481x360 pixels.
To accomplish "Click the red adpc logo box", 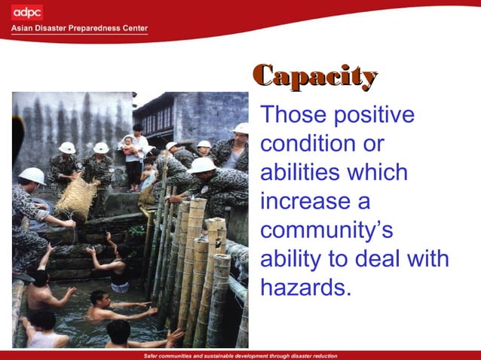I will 27,12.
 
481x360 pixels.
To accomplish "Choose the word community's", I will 326,230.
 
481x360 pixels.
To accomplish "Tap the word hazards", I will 305,287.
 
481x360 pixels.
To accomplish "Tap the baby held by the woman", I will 129,144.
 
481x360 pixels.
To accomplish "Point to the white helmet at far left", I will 32,175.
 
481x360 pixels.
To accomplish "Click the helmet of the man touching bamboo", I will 202,165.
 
